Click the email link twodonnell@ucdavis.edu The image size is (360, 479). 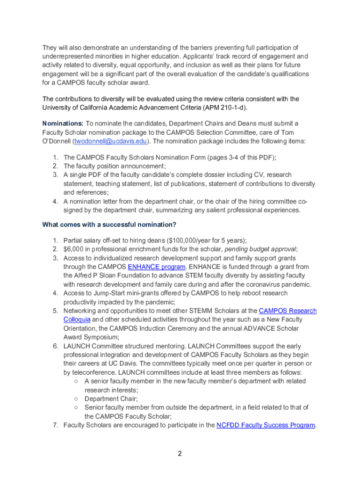110,141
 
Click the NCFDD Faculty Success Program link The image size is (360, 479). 266,425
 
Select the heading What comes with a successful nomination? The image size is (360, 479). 109,225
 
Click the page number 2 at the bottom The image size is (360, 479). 179,453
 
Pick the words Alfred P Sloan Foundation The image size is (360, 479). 109,276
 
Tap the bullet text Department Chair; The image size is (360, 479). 111,399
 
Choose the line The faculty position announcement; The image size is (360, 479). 115,166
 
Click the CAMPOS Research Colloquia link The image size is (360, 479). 287,311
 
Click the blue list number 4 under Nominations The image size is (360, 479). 55,202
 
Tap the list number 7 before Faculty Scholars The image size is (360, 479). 55,425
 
